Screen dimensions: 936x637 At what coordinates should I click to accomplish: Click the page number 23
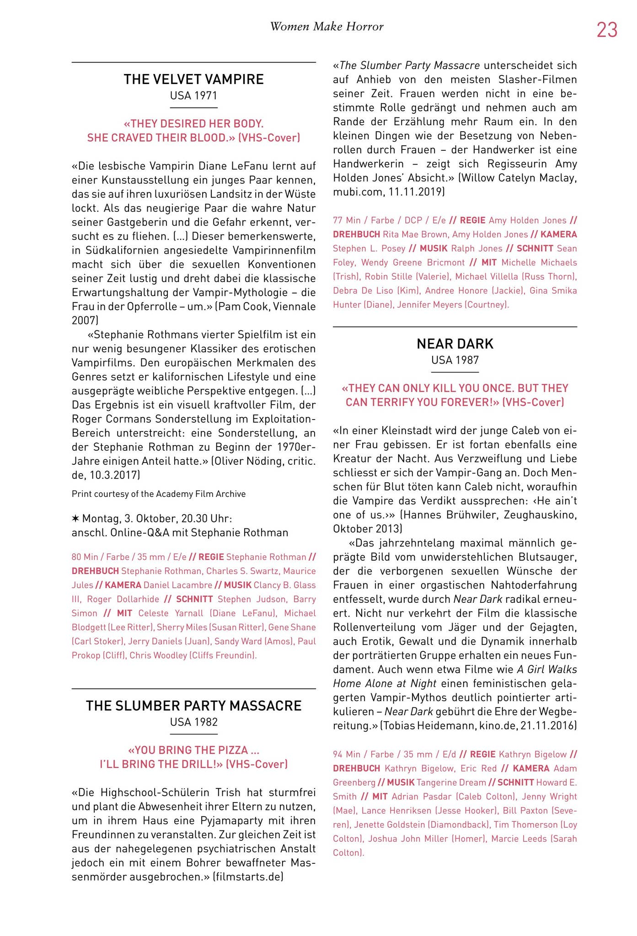[x=607, y=30]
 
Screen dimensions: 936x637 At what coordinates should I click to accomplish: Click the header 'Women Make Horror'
[x=327, y=27]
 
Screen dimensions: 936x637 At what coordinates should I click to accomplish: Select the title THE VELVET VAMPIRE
[x=193, y=80]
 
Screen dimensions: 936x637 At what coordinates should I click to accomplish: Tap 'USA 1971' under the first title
[x=193, y=96]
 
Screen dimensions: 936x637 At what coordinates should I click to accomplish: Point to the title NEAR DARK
[x=455, y=344]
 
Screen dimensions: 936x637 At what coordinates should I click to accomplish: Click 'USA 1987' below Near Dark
[x=455, y=360]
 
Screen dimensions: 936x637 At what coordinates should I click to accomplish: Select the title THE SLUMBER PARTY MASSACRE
[x=193, y=706]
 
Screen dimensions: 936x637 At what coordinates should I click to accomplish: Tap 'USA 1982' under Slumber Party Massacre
[x=193, y=722]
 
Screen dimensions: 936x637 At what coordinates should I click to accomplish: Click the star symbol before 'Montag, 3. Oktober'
[x=75, y=519]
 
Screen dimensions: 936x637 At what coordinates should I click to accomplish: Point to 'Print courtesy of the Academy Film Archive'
[x=158, y=494]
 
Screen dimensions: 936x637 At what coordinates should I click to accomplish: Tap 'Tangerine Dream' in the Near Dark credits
[x=450, y=782]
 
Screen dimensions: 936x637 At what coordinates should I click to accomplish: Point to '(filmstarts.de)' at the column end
[x=248, y=877]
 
